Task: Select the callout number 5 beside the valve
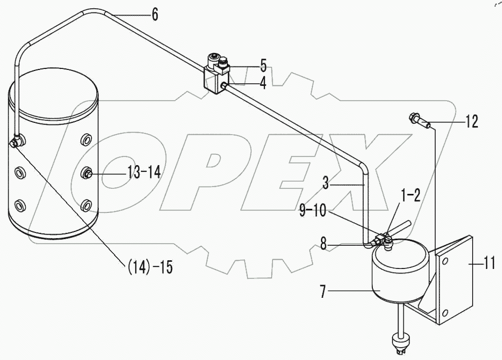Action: click(x=263, y=65)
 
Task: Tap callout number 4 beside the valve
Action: click(x=263, y=83)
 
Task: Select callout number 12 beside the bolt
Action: click(x=471, y=122)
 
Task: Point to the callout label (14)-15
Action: click(x=148, y=267)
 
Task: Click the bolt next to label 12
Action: click(x=419, y=121)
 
